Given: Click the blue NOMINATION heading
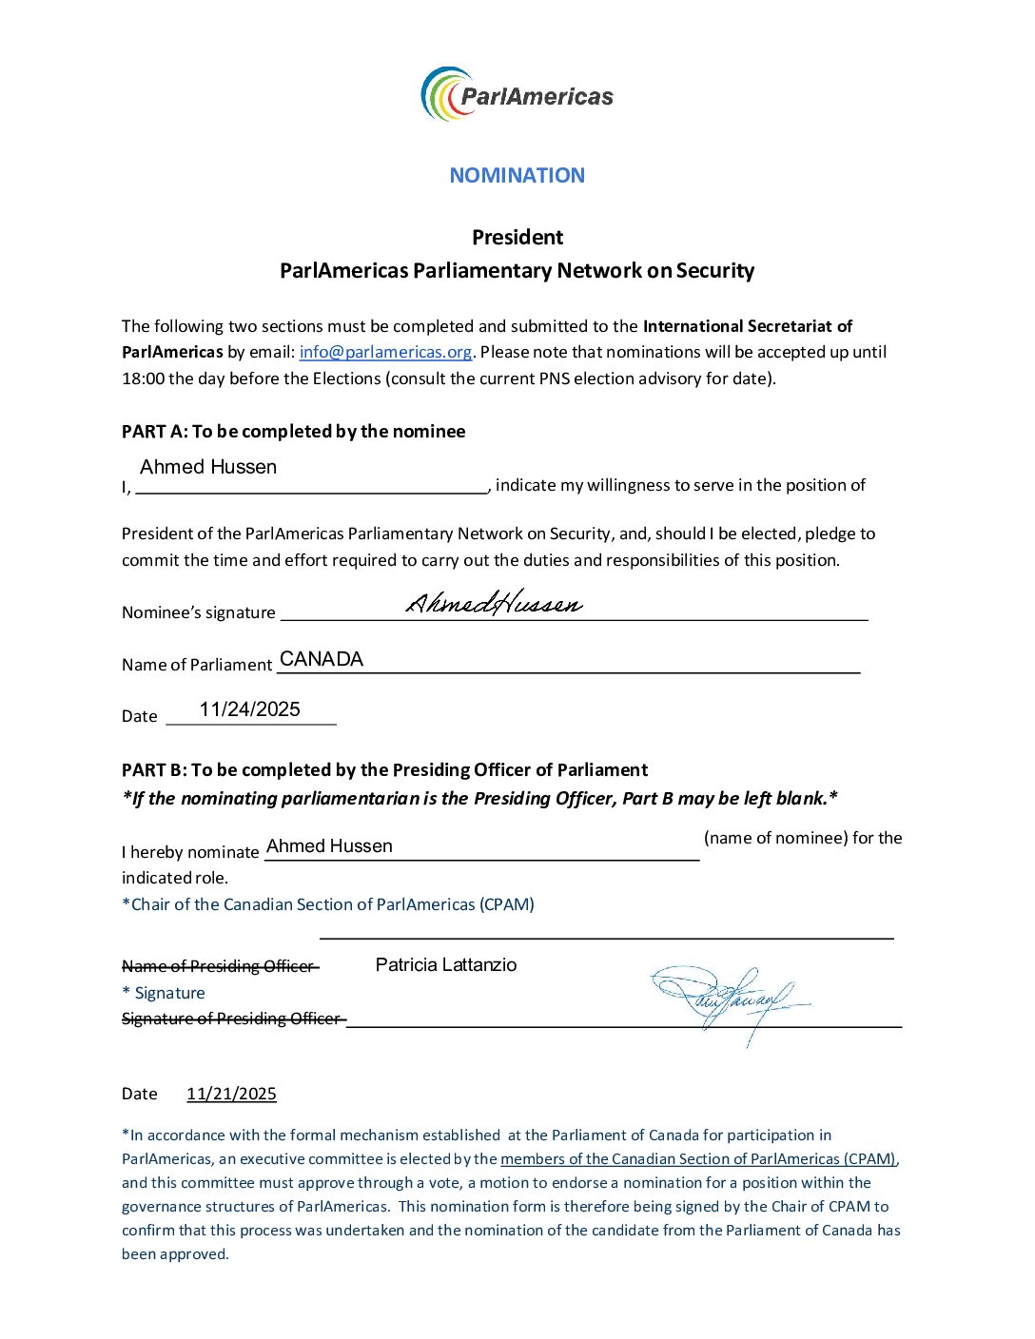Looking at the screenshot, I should (x=517, y=175).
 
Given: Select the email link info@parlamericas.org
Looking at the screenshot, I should (x=385, y=352).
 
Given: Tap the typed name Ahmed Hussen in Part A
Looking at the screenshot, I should (x=208, y=467).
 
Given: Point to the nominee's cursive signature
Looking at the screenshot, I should (x=494, y=603).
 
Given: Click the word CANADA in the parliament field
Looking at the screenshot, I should (x=322, y=659).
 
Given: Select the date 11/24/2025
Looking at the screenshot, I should (x=249, y=709).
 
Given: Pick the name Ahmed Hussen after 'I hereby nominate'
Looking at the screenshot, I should (x=329, y=845).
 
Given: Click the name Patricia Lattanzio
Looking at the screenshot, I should (x=446, y=964).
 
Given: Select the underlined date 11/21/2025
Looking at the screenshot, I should (x=231, y=1094).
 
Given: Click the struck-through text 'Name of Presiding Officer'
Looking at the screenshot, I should (x=220, y=966).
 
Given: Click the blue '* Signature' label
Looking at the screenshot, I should (x=164, y=993).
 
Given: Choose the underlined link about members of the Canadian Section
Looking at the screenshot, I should (x=698, y=1158).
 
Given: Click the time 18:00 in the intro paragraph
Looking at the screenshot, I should (x=143, y=378).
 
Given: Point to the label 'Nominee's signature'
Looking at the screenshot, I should (x=199, y=612).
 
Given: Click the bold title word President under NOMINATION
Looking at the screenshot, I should (x=517, y=237).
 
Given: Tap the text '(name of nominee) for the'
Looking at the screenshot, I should (x=803, y=838).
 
